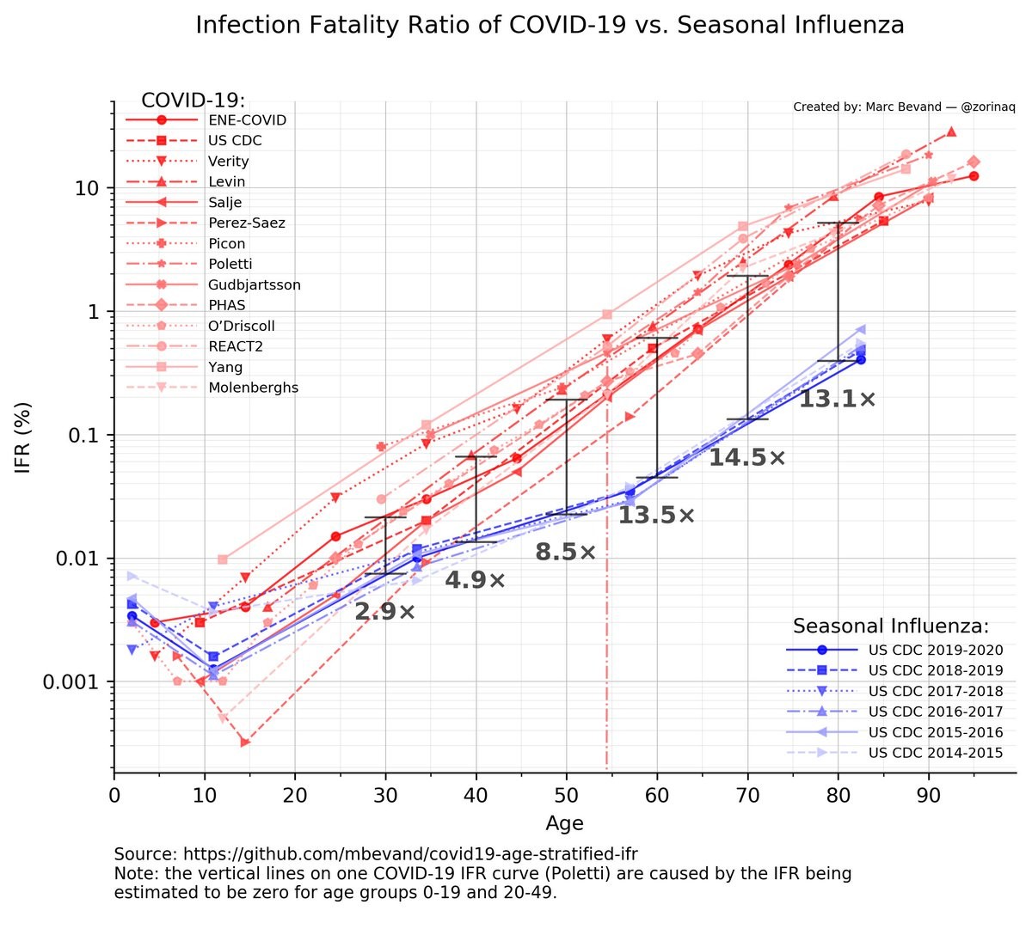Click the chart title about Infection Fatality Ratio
click(x=550, y=25)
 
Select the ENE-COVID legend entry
click(x=247, y=120)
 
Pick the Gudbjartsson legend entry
click(x=254, y=284)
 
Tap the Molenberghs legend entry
click(x=253, y=388)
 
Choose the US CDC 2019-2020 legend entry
click(x=935, y=650)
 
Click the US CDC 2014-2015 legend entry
click(x=935, y=753)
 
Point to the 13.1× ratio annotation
click(x=837, y=400)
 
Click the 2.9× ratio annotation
click(x=384, y=612)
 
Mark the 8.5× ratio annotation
click(x=565, y=553)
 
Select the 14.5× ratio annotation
click(x=746, y=458)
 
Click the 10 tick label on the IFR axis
click(x=87, y=188)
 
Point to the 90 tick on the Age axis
click(x=929, y=795)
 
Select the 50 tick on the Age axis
click(x=566, y=795)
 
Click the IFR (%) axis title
click(x=23, y=437)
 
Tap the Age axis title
click(x=564, y=823)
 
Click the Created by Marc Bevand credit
click(x=904, y=107)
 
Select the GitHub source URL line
click(x=376, y=854)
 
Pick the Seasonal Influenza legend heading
click(x=890, y=626)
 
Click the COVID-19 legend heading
click(x=193, y=101)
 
